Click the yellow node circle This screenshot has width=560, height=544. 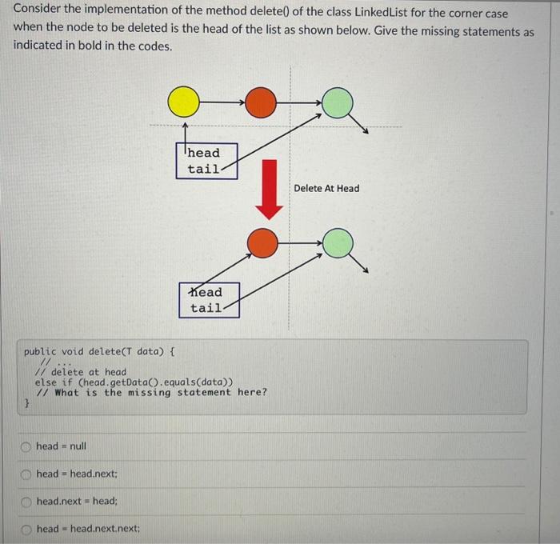point(184,102)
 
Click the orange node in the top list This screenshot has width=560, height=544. point(260,102)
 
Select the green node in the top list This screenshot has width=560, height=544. point(337,102)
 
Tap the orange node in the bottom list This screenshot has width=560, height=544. point(262,239)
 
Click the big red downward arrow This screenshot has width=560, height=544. point(269,189)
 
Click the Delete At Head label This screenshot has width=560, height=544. point(326,189)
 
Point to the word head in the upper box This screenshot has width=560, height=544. point(204,153)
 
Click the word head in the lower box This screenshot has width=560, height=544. point(206,292)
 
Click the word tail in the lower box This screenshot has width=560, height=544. point(206,308)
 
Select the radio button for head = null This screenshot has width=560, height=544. point(26,446)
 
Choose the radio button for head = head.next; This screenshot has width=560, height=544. point(26,474)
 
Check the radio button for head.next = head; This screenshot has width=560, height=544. point(26,502)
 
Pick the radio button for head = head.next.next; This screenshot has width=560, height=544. point(26,529)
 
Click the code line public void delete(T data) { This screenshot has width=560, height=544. point(100,351)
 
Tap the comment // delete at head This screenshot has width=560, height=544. point(81,372)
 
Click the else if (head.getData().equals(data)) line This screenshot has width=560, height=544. point(134,382)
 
